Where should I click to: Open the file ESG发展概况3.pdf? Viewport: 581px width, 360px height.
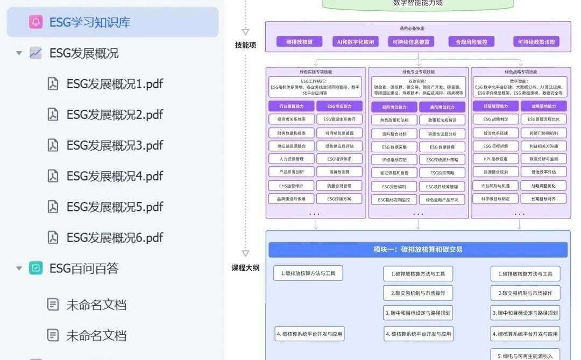click(x=115, y=145)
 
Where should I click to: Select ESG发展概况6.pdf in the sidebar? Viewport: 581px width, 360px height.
click(x=115, y=237)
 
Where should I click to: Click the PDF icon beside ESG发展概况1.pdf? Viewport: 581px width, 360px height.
click(x=53, y=84)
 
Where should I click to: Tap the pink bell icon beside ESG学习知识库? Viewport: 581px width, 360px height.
click(x=36, y=22)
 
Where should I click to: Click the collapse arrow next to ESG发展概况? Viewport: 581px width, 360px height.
click(x=19, y=53)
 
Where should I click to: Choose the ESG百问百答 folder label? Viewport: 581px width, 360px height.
click(x=84, y=268)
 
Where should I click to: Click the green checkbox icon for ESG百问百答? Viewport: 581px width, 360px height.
click(x=36, y=268)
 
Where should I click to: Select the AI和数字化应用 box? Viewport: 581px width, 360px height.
click(x=356, y=41)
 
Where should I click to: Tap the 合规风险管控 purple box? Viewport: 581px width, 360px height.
click(x=471, y=41)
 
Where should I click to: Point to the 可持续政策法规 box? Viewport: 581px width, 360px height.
click(x=536, y=41)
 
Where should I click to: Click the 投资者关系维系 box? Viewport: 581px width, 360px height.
click(x=292, y=119)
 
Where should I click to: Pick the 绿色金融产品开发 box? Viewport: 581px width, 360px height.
click(x=442, y=200)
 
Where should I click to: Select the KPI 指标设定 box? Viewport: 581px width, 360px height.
click(x=495, y=159)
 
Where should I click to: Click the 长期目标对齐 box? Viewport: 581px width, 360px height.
click(x=544, y=199)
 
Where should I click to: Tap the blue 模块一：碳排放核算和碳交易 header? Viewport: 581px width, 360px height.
click(x=418, y=250)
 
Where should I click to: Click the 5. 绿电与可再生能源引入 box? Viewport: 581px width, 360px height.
click(x=525, y=356)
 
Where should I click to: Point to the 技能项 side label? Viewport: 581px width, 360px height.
click(x=245, y=45)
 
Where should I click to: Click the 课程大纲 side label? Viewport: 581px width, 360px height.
click(x=245, y=267)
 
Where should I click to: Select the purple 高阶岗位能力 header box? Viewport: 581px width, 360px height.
click(x=442, y=107)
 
